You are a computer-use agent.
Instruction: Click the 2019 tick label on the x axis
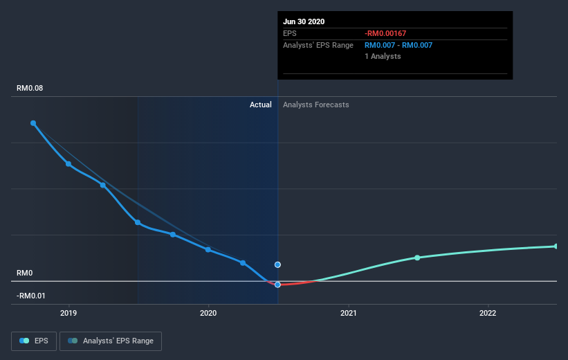(68, 313)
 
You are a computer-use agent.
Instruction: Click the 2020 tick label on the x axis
(208, 313)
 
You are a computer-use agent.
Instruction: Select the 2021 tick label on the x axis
(348, 313)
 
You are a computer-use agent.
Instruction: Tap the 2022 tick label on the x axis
(488, 313)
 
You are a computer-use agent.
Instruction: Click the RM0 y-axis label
(26, 273)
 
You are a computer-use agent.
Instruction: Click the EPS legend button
(34, 341)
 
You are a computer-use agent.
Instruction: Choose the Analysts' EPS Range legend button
(111, 341)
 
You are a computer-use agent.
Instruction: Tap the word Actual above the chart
(261, 105)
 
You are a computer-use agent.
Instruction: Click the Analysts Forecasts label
(316, 105)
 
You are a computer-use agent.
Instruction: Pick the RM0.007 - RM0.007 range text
(398, 45)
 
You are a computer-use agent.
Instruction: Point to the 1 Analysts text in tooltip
(383, 56)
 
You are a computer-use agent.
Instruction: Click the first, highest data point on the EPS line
(33, 123)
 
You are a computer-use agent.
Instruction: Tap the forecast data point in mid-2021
(417, 258)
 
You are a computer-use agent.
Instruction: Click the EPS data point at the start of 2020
(208, 249)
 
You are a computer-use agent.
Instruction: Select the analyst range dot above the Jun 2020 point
(277, 264)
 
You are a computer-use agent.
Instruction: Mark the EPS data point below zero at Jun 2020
(277, 285)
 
